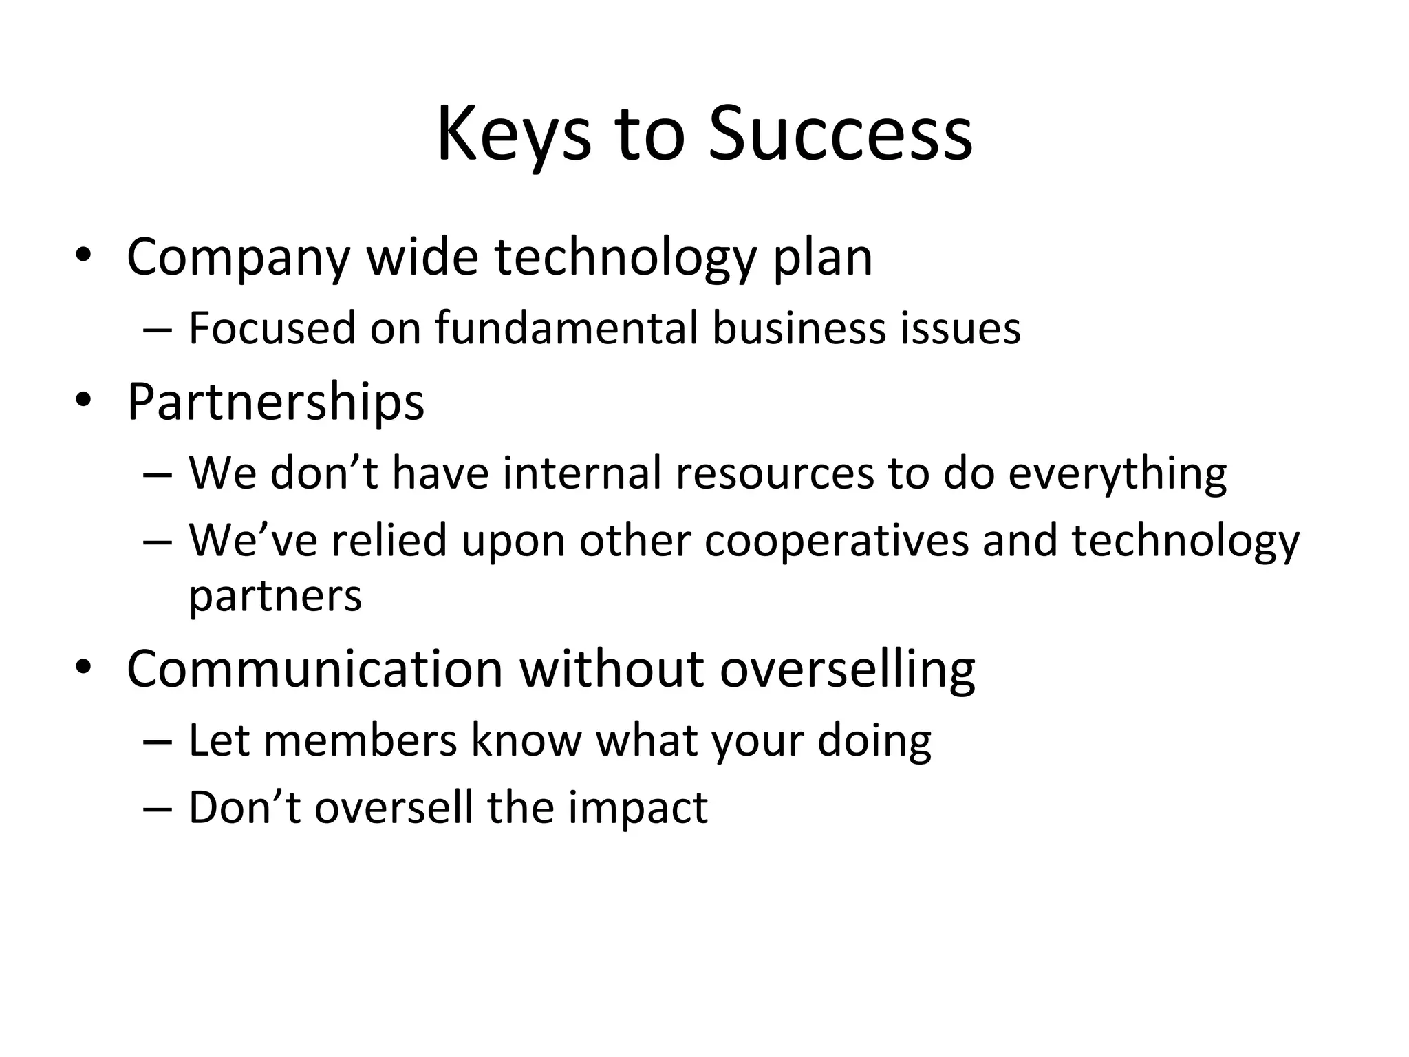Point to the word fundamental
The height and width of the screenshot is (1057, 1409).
pos(566,328)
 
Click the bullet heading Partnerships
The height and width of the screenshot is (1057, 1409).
pos(275,401)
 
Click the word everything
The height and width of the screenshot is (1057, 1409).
pos(1117,473)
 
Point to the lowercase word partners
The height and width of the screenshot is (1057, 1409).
pos(275,596)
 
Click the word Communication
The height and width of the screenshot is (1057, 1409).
pos(315,668)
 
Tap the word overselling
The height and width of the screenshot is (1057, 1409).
pos(847,668)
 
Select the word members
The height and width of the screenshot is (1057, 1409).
pos(360,740)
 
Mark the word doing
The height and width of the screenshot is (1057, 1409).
pos(874,740)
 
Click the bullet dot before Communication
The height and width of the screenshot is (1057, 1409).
pos(83,667)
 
